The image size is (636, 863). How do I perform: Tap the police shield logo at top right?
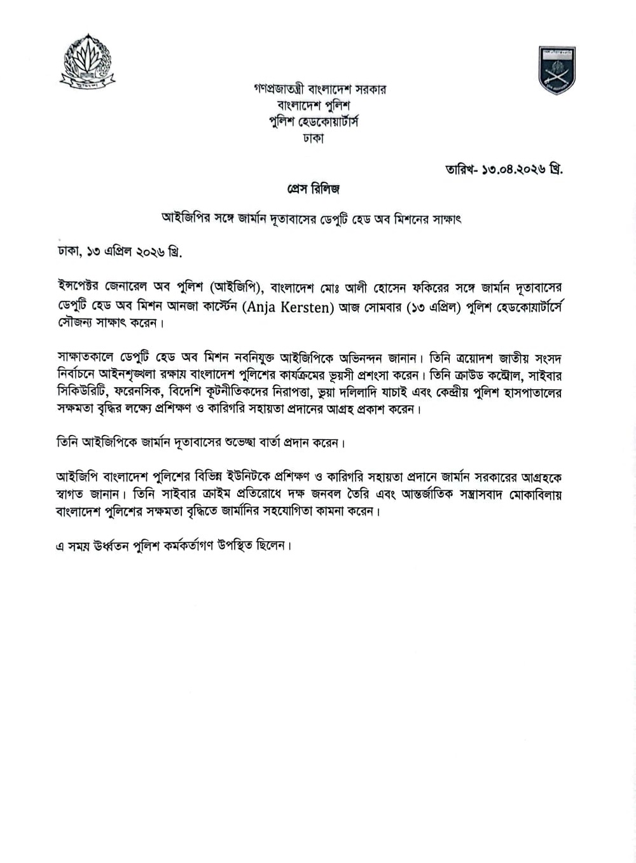pyautogui.click(x=556, y=70)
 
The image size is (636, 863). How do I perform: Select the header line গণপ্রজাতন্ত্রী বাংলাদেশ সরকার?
pyautogui.click(x=319, y=90)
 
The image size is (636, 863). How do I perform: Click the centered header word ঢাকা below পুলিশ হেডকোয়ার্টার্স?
pyautogui.click(x=314, y=138)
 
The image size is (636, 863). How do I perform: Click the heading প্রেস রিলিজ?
pyautogui.click(x=314, y=189)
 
